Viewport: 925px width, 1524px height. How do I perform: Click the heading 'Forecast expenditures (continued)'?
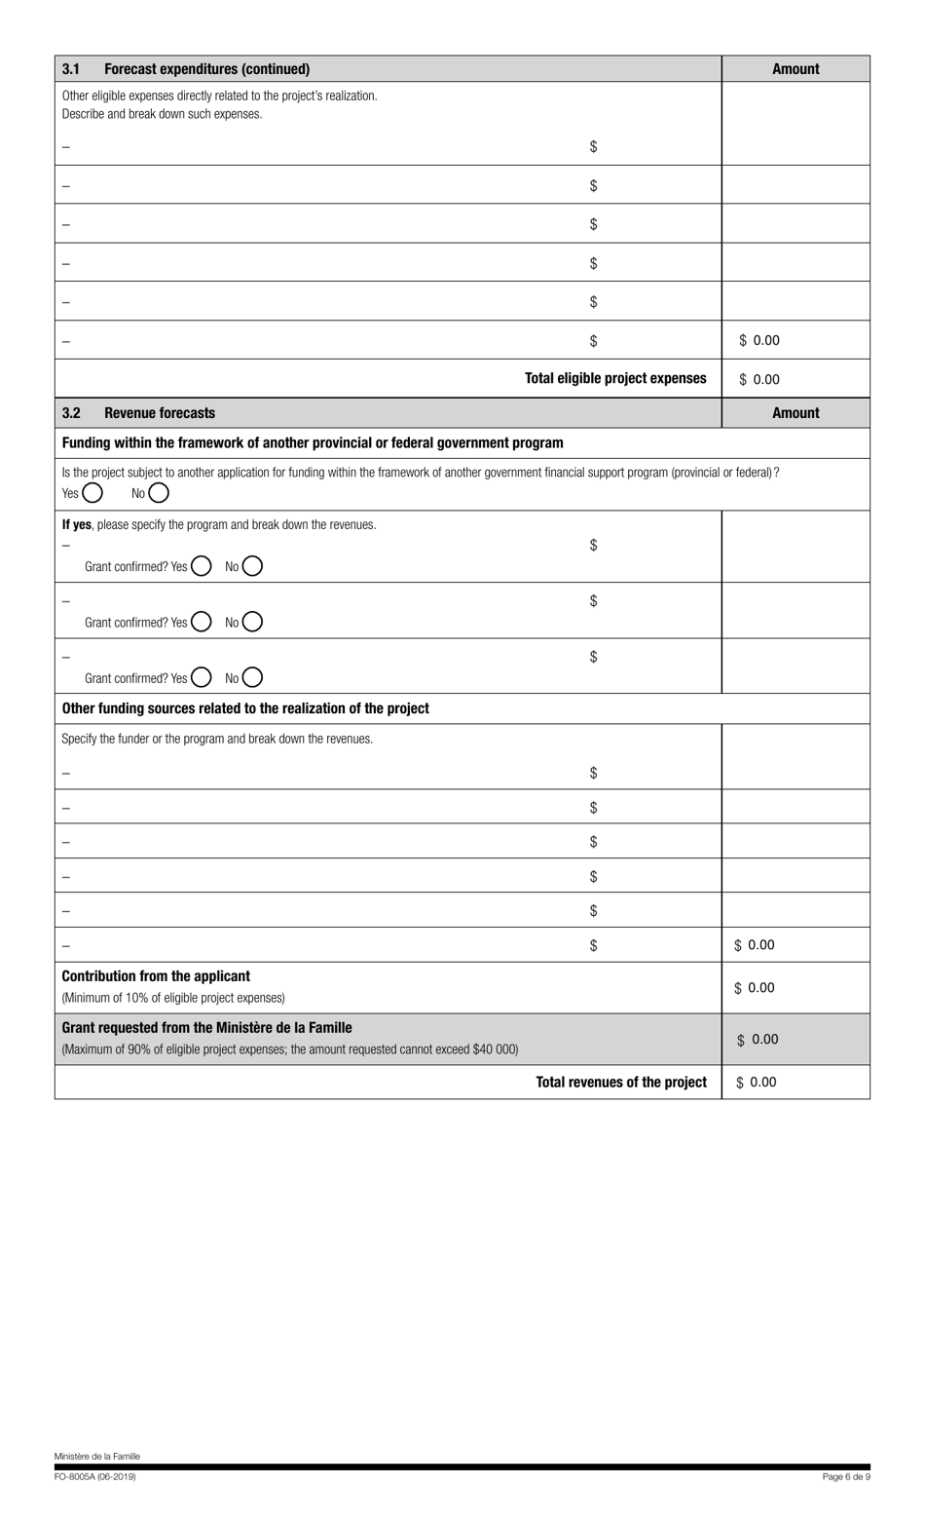click(x=206, y=69)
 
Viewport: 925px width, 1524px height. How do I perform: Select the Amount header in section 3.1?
click(x=795, y=69)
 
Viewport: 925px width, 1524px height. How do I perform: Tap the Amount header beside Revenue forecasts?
click(x=795, y=413)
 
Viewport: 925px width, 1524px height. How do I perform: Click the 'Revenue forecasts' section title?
click(x=160, y=413)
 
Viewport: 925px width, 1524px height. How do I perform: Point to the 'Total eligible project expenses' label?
click(x=615, y=378)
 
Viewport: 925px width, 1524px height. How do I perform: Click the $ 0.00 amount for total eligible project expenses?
click(x=759, y=380)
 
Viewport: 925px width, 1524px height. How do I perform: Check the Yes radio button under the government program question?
click(x=92, y=493)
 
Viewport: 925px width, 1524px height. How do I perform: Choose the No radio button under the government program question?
click(x=159, y=493)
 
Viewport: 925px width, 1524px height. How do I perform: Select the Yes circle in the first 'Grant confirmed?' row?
click(x=202, y=566)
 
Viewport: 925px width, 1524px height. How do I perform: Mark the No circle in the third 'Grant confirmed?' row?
click(x=252, y=677)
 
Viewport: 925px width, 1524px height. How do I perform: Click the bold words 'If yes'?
click(x=77, y=524)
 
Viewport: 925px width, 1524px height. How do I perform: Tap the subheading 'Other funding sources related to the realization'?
click(x=245, y=708)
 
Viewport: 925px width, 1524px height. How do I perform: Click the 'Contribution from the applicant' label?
click(x=156, y=976)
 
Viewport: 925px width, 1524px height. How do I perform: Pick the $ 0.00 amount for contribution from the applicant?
click(x=755, y=988)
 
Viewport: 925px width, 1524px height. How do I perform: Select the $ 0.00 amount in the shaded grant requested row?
click(x=758, y=1040)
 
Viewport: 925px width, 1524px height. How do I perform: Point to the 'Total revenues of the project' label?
click(x=621, y=1082)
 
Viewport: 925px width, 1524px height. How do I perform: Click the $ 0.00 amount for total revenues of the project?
click(x=757, y=1083)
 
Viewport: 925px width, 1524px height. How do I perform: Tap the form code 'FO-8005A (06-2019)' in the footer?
click(x=95, y=1477)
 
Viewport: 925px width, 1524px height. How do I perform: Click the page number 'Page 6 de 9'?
click(x=846, y=1477)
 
